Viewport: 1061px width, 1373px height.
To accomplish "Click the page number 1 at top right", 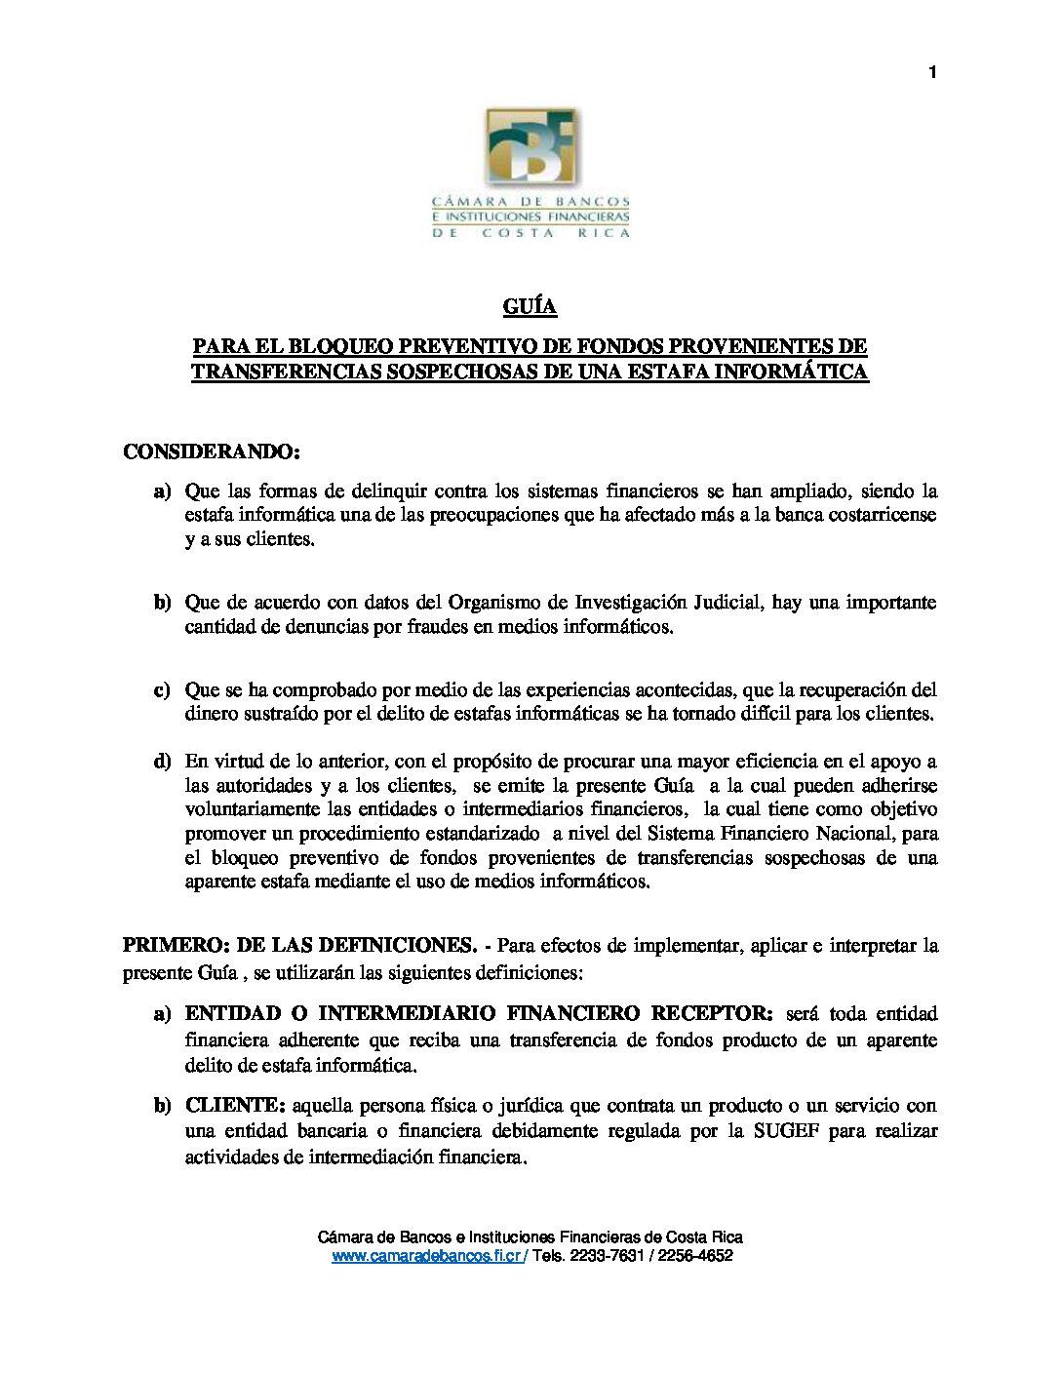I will pyautogui.click(x=932, y=72).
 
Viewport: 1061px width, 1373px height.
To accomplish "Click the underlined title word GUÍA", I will pyautogui.click(x=530, y=307).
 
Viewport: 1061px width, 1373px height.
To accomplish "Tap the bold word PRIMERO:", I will pyautogui.click(x=174, y=945).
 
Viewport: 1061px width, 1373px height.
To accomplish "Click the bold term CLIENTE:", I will pyautogui.click(x=235, y=1106).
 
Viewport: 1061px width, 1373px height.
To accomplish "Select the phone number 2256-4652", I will pyautogui.click(x=695, y=1257).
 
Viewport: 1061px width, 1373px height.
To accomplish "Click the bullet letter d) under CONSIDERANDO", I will pyautogui.click(x=162, y=761).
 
